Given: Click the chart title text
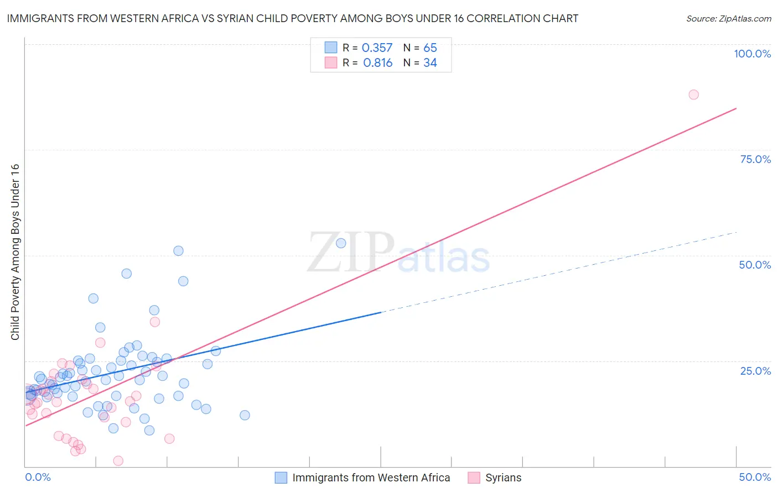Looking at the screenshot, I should pyautogui.click(x=293, y=18).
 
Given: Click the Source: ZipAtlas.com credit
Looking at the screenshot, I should pyautogui.click(x=728, y=18).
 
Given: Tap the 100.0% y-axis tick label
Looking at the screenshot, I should pyautogui.click(x=752, y=54).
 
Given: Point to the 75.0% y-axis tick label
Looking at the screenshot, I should pyautogui.click(x=755, y=159).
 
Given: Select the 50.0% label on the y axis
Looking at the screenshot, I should pyautogui.click(x=755, y=265).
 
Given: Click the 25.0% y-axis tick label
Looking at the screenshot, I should pyautogui.click(x=755, y=370).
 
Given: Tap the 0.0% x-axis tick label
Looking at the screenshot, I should pyautogui.click(x=38, y=477).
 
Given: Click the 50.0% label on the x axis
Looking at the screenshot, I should pyautogui.click(x=755, y=477).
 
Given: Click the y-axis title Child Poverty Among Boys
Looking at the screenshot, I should pyautogui.click(x=15, y=252).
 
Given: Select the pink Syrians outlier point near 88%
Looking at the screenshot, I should pyautogui.click(x=693, y=95).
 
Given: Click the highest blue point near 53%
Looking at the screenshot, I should pyautogui.click(x=341, y=243).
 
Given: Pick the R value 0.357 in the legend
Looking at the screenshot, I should pyautogui.click(x=377, y=48).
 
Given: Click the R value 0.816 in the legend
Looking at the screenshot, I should pyautogui.click(x=377, y=63).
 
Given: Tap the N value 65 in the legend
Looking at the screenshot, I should pyautogui.click(x=430, y=48).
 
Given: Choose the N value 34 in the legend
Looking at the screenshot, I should pyautogui.click(x=430, y=63).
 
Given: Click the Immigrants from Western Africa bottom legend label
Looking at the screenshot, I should pyautogui.click(x=371, y=478).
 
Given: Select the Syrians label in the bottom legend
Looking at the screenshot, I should pyautogui.click(x=503, y=478).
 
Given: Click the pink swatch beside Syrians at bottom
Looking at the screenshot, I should pyautogui.click(x=474, y=478).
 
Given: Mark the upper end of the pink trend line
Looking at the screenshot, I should pyautogui.click(x=736, y=108).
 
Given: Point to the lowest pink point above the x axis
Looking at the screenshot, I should pyautogui.click(x=118, y=461).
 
